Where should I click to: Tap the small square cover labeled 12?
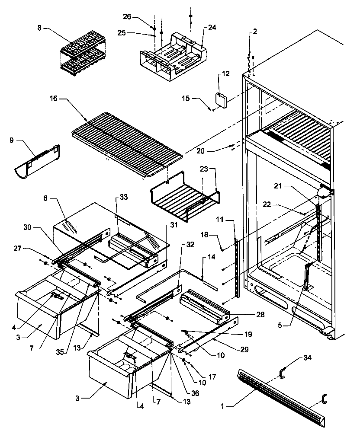pos(222,100)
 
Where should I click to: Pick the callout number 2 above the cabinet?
pos(255,32)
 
